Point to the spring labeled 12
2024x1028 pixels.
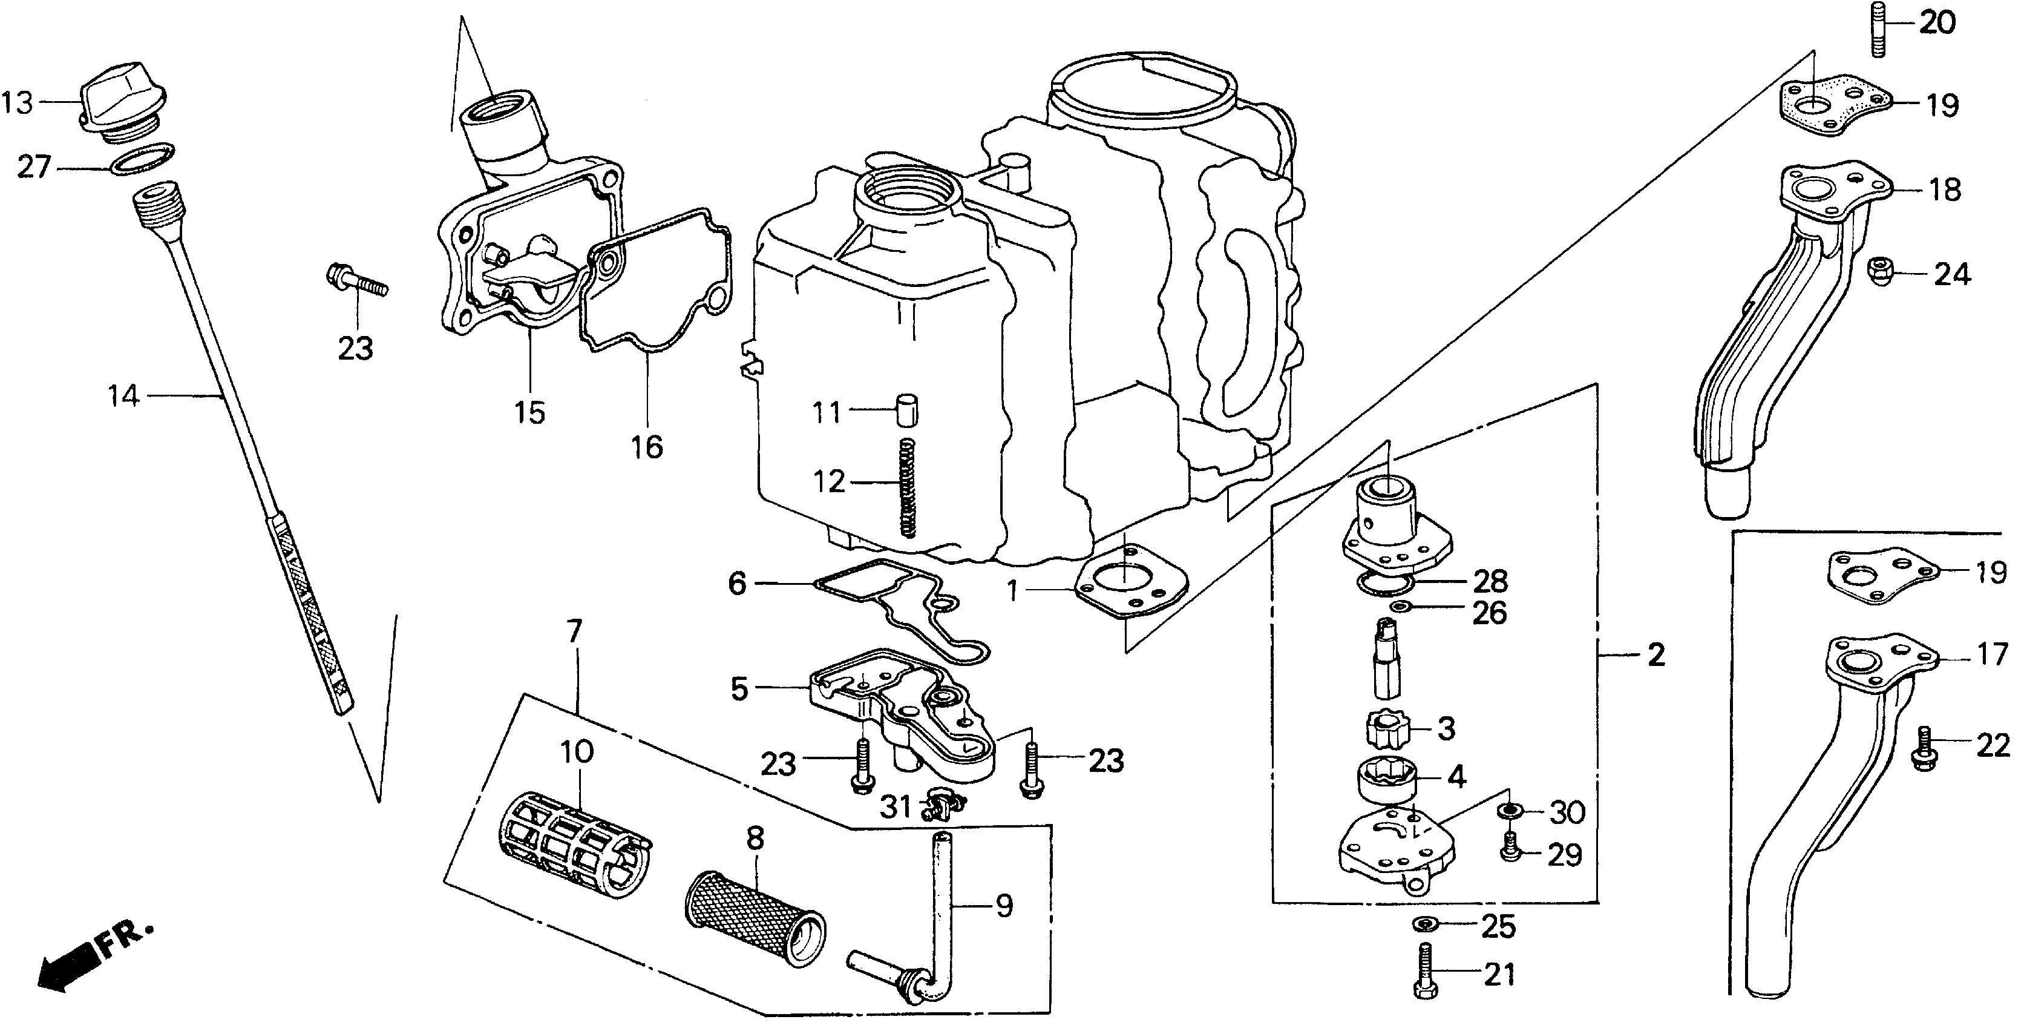coord(908,488)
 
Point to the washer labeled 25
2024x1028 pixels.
coord(1424,923)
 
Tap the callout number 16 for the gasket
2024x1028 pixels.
coord(647,447)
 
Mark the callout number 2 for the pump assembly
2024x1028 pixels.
coord(1655,654)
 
